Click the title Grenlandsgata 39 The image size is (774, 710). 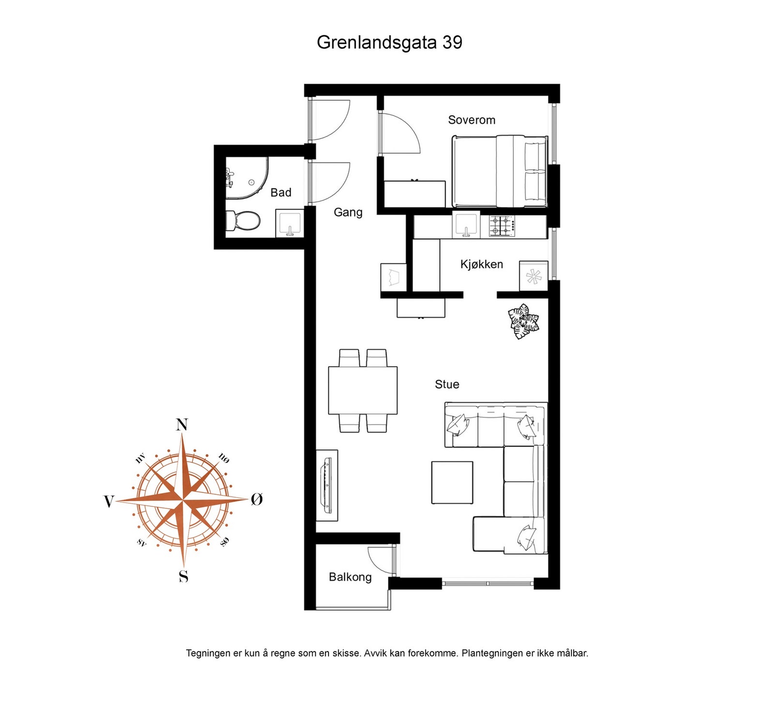(389, 43)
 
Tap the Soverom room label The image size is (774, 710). (472, 120)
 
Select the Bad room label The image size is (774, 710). (281, 192)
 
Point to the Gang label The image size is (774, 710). (348, 212)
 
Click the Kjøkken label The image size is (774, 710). (481, 265)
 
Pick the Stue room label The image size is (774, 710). (447, 385)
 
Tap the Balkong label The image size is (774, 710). (350, 577)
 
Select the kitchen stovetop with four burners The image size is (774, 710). (502, 225)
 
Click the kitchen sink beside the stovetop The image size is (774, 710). (466, 225)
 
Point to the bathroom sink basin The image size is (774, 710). (289, 223)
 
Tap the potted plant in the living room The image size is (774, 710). (523, 321)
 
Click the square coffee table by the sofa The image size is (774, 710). (452, 483)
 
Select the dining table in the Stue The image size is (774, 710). (363, 390)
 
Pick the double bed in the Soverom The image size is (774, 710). (499, 171)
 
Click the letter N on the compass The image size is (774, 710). (182, 425)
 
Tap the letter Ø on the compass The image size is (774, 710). (257, 500)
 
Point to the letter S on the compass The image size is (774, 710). (183, 577)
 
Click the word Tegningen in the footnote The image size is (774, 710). (208, 653)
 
